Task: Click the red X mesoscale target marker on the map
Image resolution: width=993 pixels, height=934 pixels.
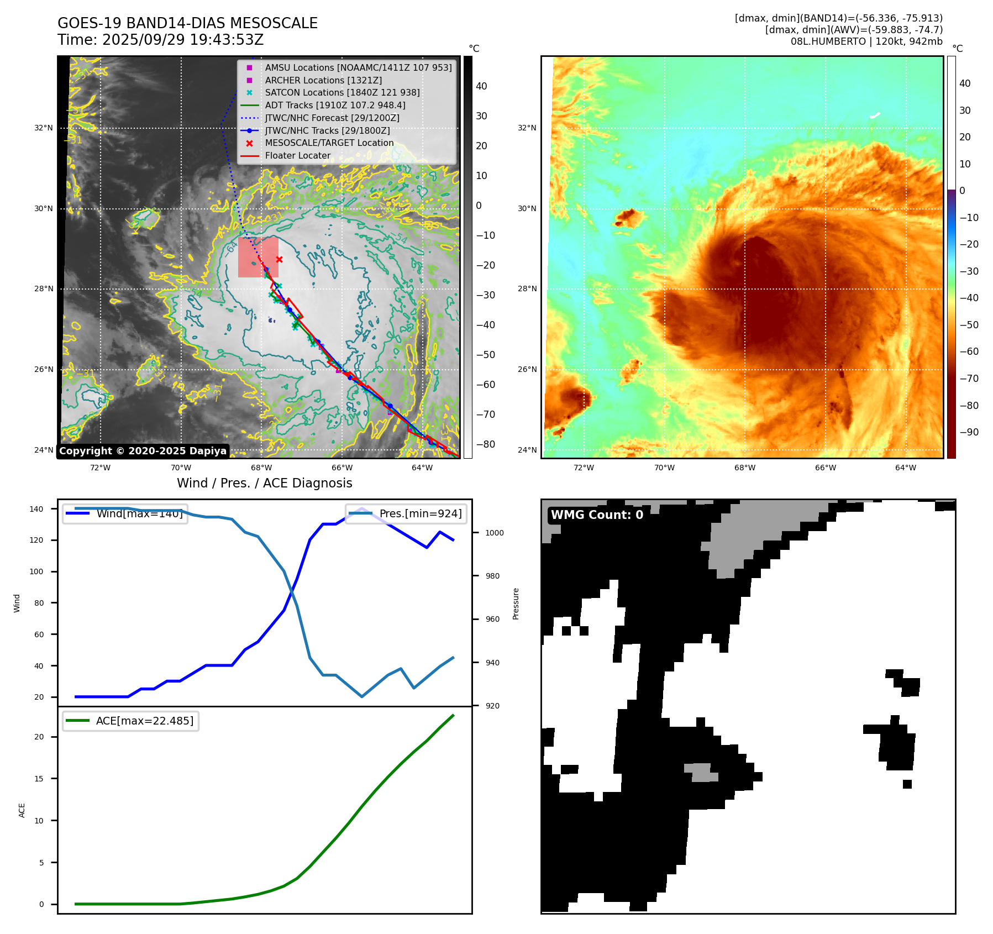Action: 279,259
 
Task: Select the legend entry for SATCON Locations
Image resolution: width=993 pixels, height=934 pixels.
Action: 342,93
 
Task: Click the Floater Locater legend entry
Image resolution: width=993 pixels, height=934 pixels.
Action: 297,156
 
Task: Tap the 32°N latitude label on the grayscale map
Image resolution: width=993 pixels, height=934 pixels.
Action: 44,128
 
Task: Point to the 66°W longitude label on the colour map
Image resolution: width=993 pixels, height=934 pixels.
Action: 825,468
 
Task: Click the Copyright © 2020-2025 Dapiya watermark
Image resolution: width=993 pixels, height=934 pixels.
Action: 143,451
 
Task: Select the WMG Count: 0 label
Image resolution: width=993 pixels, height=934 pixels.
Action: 597,515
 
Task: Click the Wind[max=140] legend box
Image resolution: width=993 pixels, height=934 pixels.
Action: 125,513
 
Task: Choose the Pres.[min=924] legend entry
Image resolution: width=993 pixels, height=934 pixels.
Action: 407,513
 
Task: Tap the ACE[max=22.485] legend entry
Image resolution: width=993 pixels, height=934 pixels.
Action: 131,721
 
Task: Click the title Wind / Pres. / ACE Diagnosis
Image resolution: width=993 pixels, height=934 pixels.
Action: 264,483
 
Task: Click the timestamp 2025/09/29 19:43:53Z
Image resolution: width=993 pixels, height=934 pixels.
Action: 183,40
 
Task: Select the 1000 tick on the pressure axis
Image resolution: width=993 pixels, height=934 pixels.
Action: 494,533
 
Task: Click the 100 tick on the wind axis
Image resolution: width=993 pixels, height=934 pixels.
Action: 36,571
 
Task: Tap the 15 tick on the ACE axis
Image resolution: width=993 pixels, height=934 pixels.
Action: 39,779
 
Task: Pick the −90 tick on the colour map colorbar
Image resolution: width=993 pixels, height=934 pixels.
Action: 969,432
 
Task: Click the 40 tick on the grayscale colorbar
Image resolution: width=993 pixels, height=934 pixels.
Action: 481,86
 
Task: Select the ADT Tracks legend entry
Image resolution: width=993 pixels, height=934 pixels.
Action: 335,106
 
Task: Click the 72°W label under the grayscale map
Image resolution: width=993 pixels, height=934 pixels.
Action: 100,468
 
